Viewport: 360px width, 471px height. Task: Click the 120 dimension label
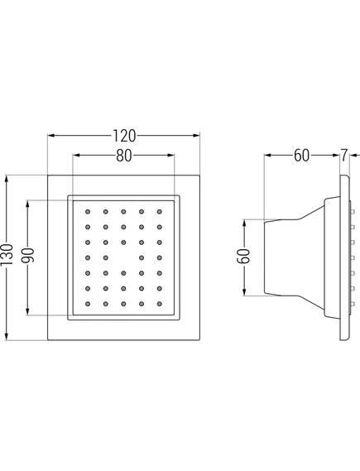[x=124, y=136]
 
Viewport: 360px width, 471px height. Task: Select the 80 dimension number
[x=123, y=156]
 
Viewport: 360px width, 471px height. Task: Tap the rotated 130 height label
[x=7, y=255]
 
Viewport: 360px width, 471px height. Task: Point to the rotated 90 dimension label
[x=27, y=255]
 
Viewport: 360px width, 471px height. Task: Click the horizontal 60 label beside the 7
[x=301, y=156]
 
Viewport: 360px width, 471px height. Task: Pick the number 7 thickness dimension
[x=343, y=156]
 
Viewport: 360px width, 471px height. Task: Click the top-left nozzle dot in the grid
[x=88, y=212]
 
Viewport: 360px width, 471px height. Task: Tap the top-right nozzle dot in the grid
[x=160, y=212]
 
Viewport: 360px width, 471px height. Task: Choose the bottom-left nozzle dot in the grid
[x=88, y=304]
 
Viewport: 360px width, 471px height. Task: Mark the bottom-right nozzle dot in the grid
[x=160, y=304]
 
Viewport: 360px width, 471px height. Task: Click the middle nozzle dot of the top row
[x=123, y=212]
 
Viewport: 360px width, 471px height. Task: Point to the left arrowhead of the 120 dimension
[x=51, y=136]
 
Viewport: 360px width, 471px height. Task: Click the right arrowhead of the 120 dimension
[x=196, y=136]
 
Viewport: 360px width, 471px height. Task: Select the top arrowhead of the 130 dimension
[x=7, y=179]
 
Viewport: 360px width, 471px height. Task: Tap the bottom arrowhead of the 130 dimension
[x=7, y=336]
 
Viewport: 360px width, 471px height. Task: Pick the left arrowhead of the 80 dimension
[x=77, y=156]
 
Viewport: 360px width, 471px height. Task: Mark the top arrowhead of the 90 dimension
[x=27, y=204]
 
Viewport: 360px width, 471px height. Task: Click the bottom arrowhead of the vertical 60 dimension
[x=245, y=292]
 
